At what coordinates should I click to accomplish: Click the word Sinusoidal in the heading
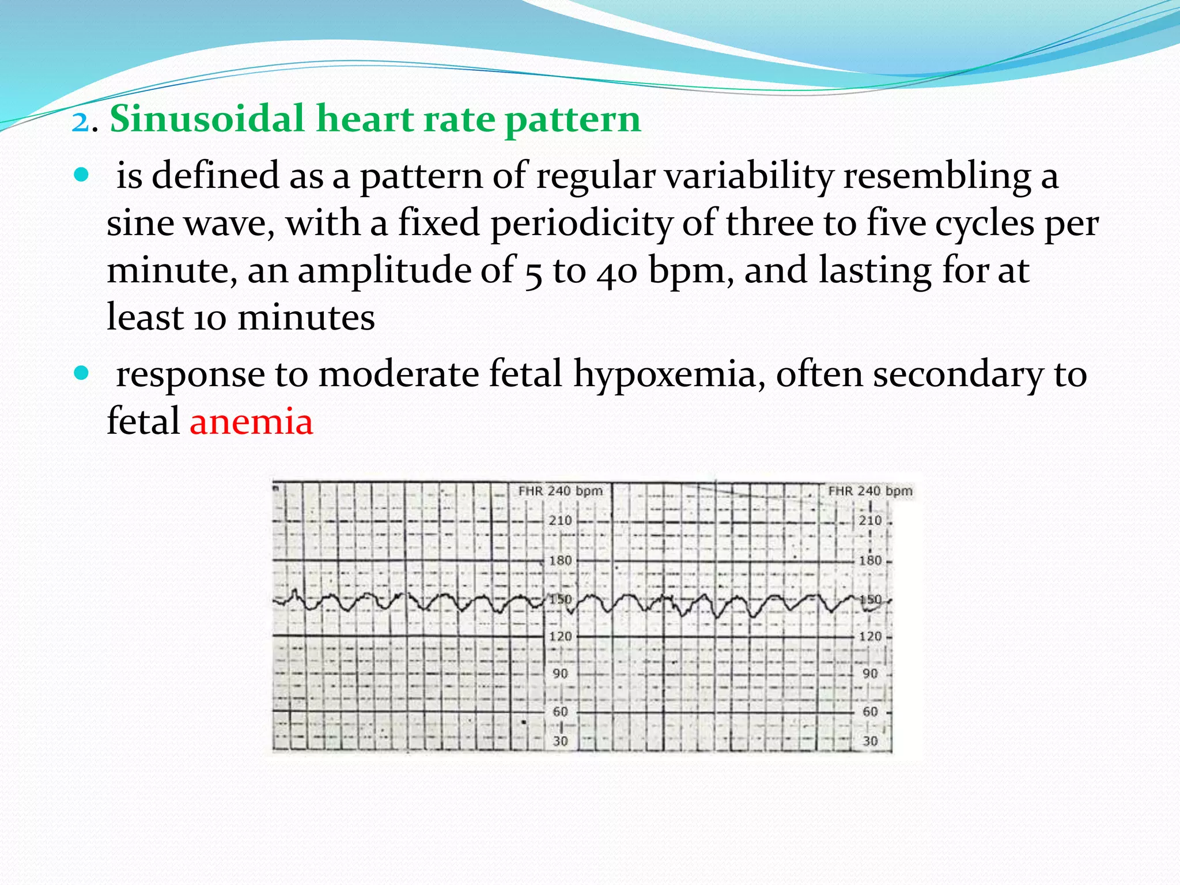[x=206, y=119]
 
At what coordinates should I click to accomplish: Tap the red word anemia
[x=251, y=421]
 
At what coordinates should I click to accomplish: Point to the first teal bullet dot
[x=82, y=175]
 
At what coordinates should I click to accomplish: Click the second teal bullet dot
[x=82, y=374]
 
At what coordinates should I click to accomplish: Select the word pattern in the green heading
[x=573, y=120]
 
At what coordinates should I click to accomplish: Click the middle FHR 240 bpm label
[x=560, y=491]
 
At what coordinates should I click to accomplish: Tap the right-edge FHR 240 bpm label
[x=870, y=491]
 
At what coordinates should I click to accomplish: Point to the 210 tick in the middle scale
[x=560, y=520]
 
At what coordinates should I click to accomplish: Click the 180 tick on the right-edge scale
[x=870, y=560]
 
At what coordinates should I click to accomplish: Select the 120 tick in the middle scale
[x=560, y=636]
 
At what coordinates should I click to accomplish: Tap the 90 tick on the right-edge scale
[x=870, y=673]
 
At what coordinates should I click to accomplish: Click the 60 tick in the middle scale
[x=560, y=712]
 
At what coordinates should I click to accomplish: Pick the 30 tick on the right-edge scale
[x=870, y=741]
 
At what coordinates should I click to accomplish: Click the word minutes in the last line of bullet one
[x=306, y=317]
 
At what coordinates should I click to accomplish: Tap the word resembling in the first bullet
[x=937, y=176]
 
